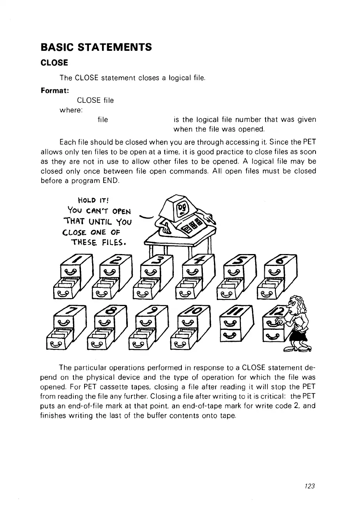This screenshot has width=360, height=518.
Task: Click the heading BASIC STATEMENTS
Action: tap(96, 48)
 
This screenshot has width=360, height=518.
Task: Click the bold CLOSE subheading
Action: tap(54, 63)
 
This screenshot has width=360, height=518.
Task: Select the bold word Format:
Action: tap(54, 91)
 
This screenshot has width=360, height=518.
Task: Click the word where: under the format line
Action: tap(70, 110)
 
